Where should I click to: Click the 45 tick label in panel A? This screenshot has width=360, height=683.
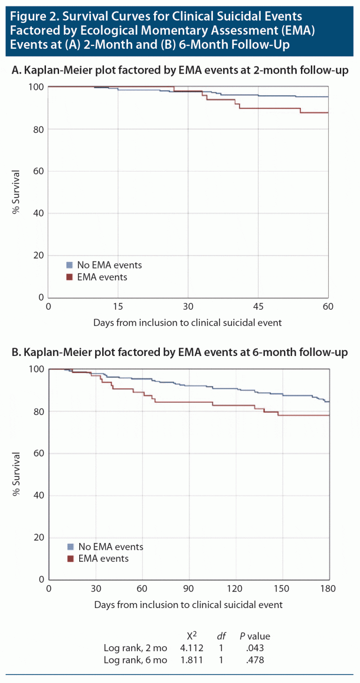click(x=258, y=306)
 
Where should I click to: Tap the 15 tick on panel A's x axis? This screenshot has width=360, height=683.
click(x=118, y=306)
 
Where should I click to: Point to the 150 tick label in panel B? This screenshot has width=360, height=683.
click(x=282, y=588)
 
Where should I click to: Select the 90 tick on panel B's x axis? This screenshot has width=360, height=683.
click(x=189, y=588)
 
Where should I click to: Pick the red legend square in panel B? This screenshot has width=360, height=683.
click(x=71, y=558)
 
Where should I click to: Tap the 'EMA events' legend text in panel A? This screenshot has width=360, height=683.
click(x=102, y=277)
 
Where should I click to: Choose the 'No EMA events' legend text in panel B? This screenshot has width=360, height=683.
click(x=112, y=547)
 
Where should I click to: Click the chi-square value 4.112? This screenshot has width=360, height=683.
click(x=192, y=648)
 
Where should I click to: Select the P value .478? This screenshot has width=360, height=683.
click(x=255, y=661)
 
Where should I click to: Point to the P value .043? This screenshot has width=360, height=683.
click(x=255, y=648)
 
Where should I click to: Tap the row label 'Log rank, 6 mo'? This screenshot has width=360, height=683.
click(x=135, y=661)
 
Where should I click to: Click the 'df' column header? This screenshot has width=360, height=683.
click(x=221, y=636)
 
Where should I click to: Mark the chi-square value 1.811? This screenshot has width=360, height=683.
click(x=192, y=661)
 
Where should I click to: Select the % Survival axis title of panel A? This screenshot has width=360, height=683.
click(x=16, y=192)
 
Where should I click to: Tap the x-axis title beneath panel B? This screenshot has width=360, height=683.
click(x=188, y=605)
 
